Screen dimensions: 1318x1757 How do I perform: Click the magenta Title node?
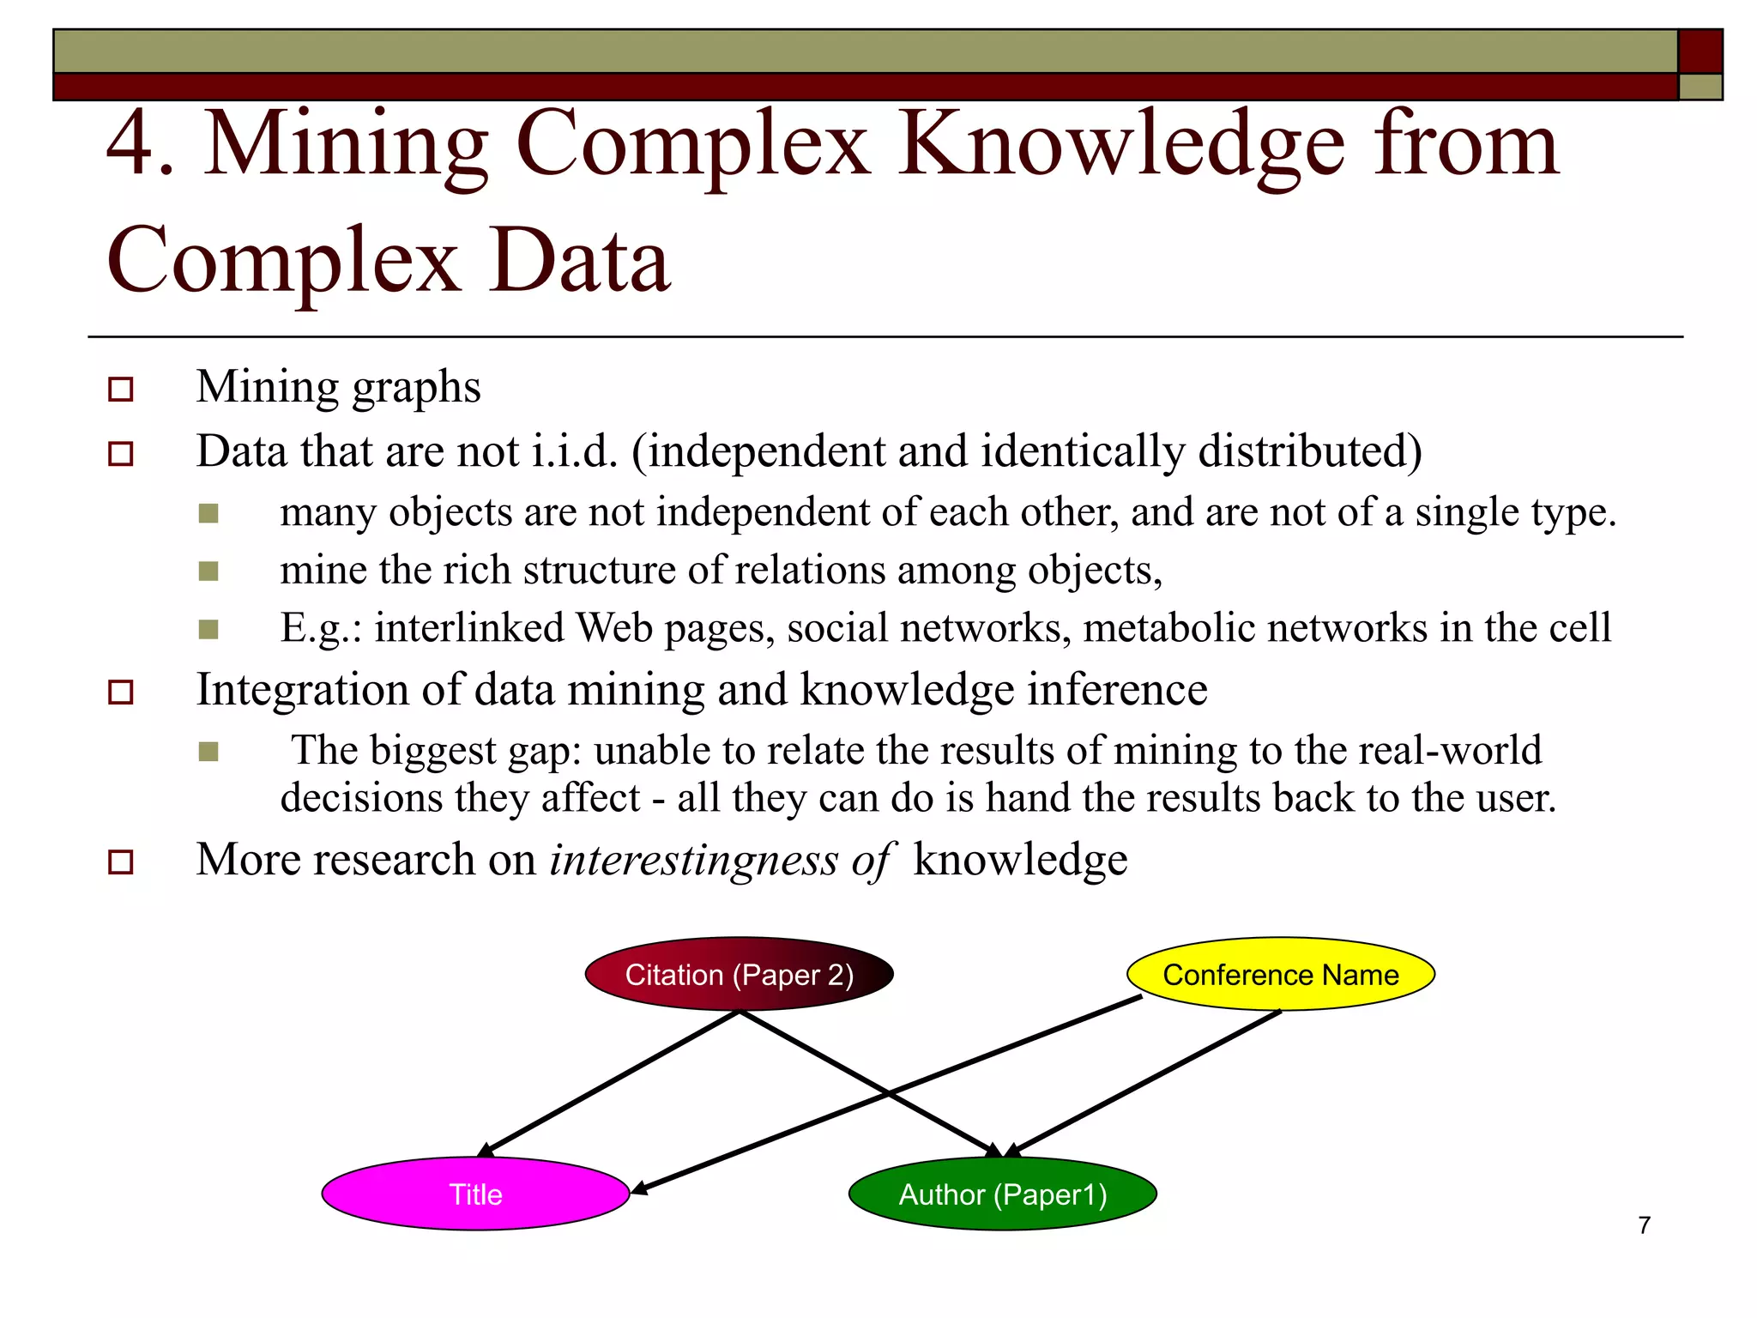click(476, 1194)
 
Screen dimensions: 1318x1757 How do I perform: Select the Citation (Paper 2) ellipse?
click(740, 974)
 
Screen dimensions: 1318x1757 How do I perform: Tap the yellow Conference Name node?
click(1280, 974)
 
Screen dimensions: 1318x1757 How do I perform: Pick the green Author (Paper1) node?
click(1002, 1194)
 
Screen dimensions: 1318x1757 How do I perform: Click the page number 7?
click(1644, 1224)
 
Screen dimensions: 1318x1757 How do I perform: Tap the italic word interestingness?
click(693, 860)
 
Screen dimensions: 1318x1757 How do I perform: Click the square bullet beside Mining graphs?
click(121, 389)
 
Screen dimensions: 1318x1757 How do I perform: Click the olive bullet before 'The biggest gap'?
click(208, 752)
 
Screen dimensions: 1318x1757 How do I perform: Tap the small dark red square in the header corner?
click(1700, 51)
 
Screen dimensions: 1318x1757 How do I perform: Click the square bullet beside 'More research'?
click(121, 862)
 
